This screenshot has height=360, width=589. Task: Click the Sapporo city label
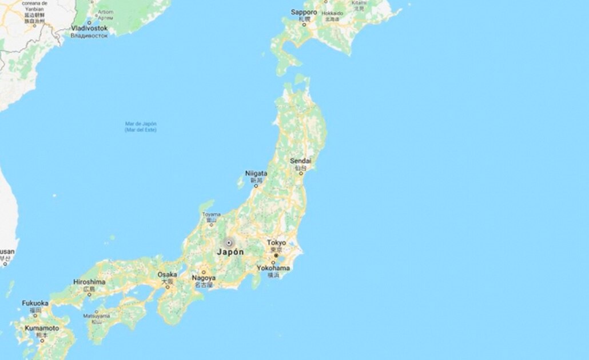[303, 12]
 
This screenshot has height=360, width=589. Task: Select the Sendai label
[300, 161]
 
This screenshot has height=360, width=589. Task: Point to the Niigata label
[256, 173]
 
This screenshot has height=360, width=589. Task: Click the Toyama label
[210, 215]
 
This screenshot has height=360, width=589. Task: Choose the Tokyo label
[276, 243]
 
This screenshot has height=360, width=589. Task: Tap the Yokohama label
[273, 268]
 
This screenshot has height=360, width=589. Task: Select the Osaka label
[167, 274]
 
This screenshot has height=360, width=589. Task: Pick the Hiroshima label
[89, 282]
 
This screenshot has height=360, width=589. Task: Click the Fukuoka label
[35, 303]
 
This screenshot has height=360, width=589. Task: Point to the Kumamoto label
[41, 329]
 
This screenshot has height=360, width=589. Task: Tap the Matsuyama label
[96, 315]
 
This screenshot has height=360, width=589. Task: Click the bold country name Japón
[231, 252]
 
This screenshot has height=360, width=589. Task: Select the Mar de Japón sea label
[141, 124]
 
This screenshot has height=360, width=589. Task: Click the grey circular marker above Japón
[229, 243]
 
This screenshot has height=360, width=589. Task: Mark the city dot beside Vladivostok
[89, 22]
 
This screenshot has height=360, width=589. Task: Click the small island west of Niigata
[241, 183]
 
